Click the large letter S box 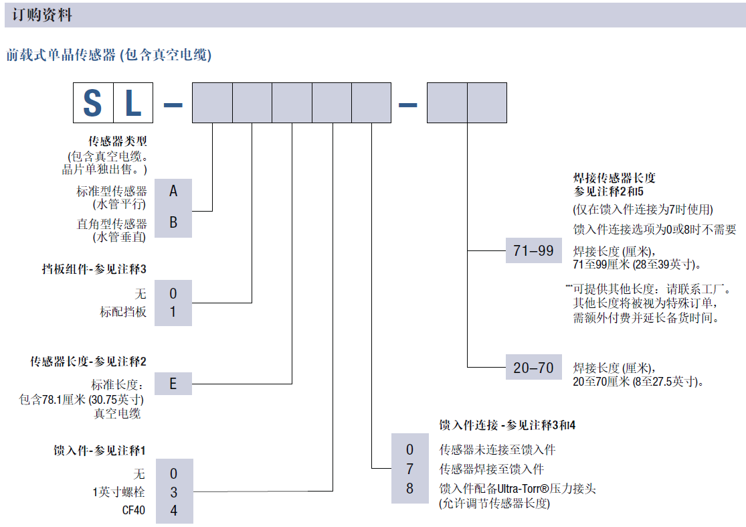[x=93, y=103]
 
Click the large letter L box [x=133, y=103]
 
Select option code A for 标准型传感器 [x=173, y=192]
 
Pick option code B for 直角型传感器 [x=173, y=223]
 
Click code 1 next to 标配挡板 [x=173, y=311]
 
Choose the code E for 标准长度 [x=173, y=384]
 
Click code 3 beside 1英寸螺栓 [x=173, y=492]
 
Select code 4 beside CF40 [x=173, y=511]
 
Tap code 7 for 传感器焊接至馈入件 [x=410, y=469]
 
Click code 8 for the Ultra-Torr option [x=410, y=489]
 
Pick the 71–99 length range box [x=533, y=251]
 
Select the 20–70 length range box [x=533, y=368]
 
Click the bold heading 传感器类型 [x=118, y=141]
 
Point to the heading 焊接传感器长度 [x=614, y=178]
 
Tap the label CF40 [x=132, y=511]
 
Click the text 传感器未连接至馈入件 [x=497, y=449]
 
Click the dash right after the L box [x=173, y=104]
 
